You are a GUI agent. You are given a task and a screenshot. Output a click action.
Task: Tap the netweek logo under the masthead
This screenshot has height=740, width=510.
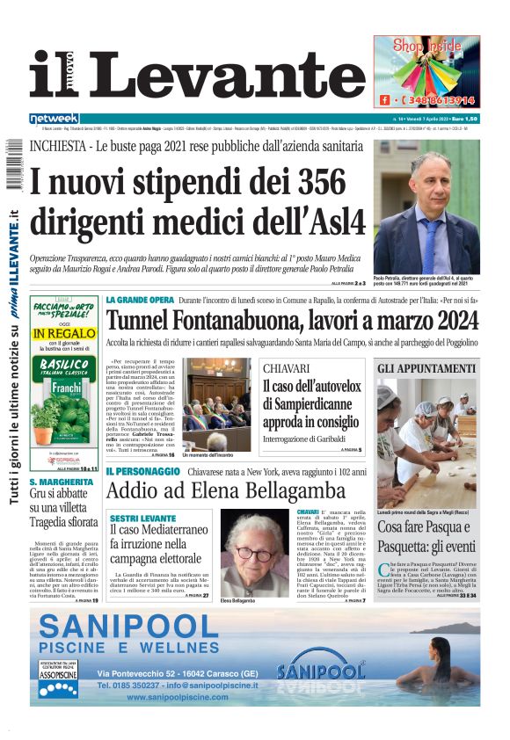(55, 119)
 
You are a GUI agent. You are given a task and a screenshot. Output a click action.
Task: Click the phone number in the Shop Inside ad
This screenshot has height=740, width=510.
(439, 100)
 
